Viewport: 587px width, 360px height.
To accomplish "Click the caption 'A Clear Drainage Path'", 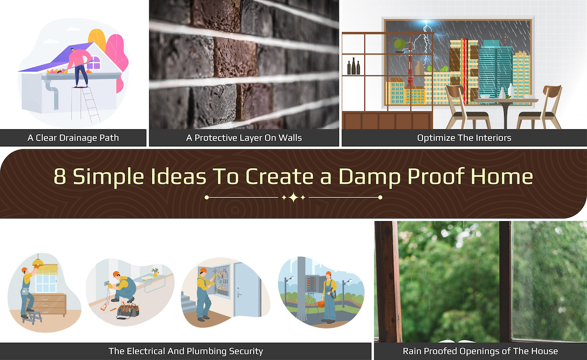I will (73, 138).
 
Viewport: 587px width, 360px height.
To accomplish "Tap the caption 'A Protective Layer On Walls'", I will (244, 138).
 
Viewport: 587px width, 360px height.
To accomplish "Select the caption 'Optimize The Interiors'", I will (464, 138).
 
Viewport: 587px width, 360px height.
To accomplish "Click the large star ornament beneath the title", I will (293, 198).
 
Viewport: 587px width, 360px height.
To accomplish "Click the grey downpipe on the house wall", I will (54, 95).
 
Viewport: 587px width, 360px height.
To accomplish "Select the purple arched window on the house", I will (94, 63).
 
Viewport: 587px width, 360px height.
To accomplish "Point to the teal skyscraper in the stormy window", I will (495, 71).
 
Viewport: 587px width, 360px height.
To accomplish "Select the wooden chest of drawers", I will (49, 304).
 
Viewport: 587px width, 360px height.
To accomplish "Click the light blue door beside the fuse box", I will (246, 289).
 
